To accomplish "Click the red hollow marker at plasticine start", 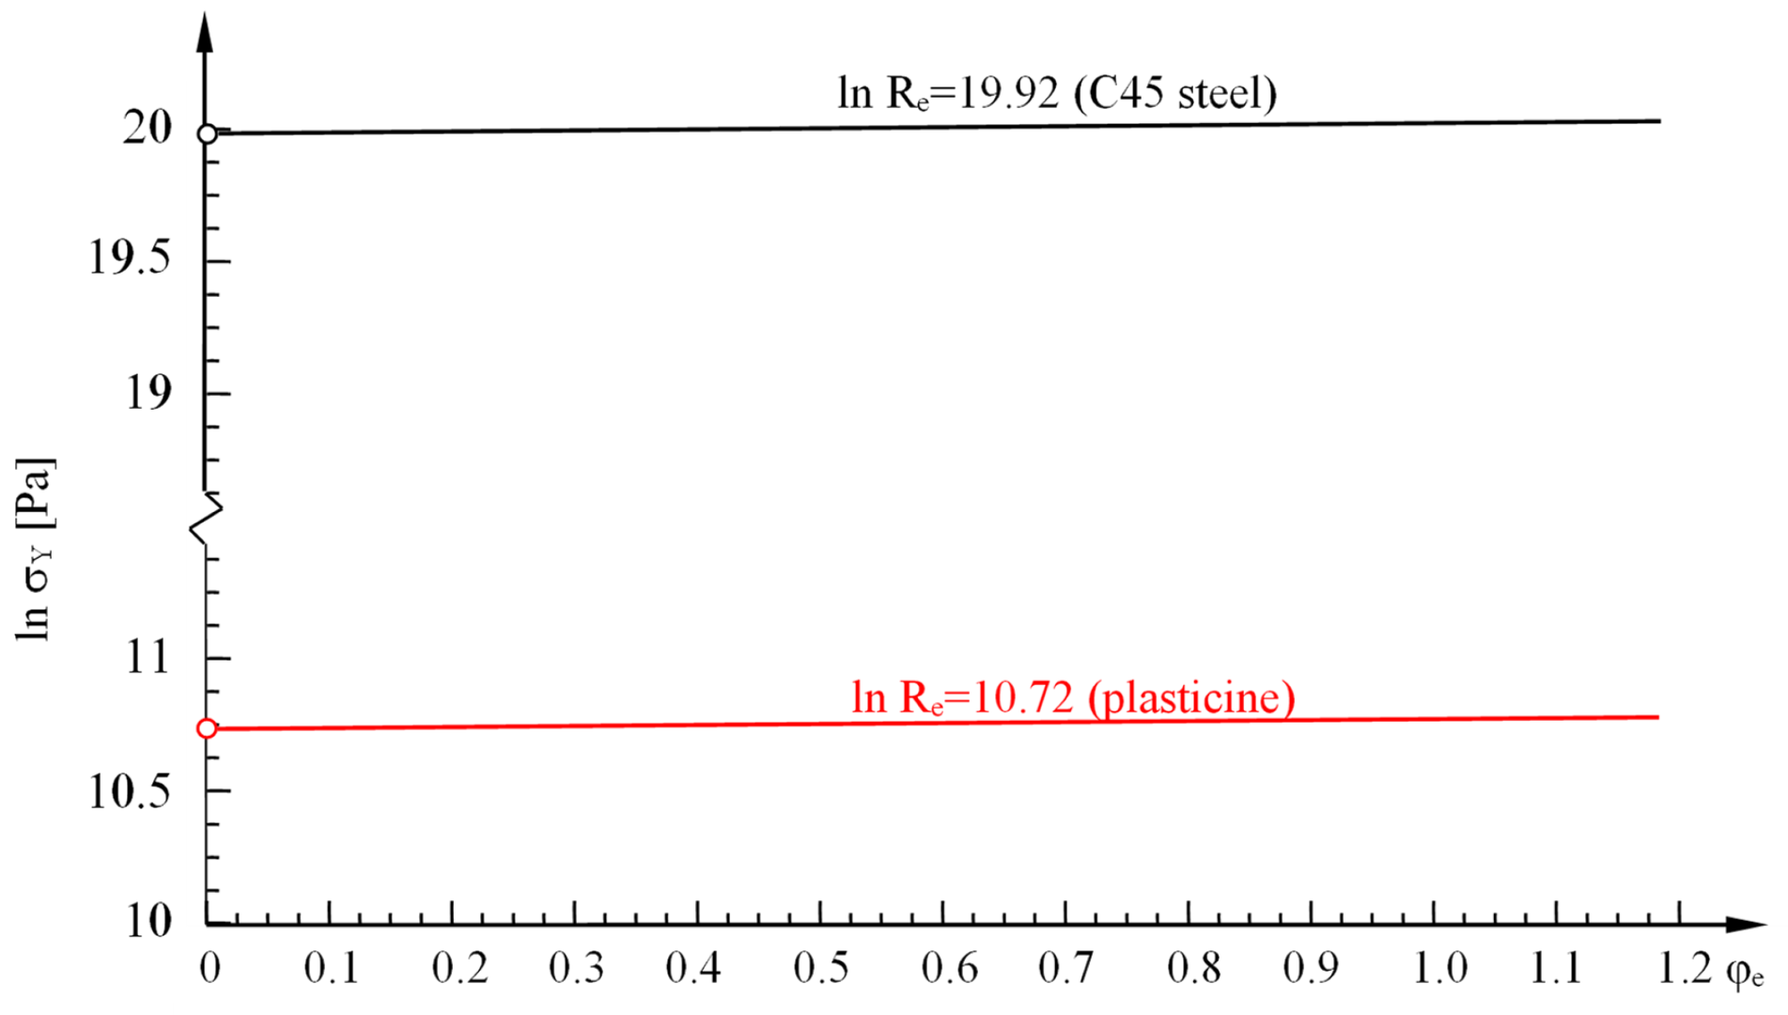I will pos(207,728).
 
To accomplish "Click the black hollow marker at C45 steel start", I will pos(207,133).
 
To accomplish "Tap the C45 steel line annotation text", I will pos(1057,93).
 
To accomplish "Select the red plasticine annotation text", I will pos(1073,697).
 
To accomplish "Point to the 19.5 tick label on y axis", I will pos(130,258).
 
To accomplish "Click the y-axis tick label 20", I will pos(148,128).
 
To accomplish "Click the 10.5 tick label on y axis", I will pos(130,791).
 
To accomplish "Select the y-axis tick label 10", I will pos(148,921).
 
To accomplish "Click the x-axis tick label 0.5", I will pos(821,968).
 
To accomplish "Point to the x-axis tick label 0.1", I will pos(331,968).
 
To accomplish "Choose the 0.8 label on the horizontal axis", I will pos(1193,968).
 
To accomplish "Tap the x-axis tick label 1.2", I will pos(1684,968).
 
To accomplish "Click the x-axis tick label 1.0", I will pos(1439,968).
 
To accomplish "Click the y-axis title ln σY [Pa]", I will pos(36,550).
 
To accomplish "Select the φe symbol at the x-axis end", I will pos(1744,972).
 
